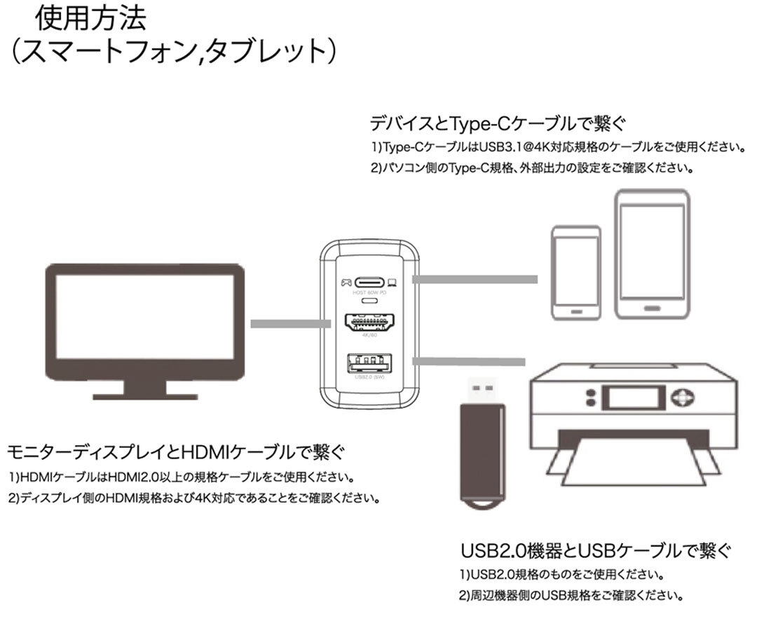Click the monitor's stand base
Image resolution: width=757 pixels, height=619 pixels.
click(x=144, y=393)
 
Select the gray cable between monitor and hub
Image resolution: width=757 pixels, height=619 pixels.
click(x=290, y=324)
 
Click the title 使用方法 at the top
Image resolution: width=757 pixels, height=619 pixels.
click(x=91, y=19)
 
